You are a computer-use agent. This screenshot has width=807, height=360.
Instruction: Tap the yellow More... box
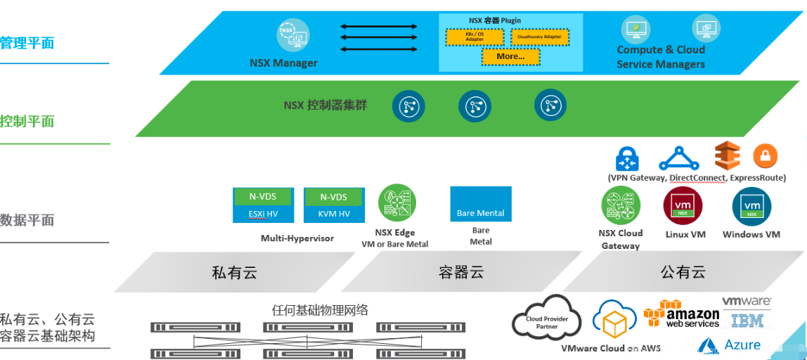tap(510, 56)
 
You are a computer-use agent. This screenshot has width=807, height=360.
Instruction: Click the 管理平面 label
tap(27, 43)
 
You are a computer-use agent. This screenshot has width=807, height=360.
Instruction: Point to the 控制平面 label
tap(27, 121)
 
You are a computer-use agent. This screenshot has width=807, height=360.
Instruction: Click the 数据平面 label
tap(27, 220)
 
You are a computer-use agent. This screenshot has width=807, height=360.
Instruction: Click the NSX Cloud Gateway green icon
tap(621, 206)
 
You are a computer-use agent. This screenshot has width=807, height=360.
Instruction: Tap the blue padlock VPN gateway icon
tap(626, 158)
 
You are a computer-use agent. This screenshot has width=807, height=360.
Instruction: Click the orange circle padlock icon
tap(766, 156)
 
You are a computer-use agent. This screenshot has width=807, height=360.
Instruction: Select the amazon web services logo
tap(682, 314)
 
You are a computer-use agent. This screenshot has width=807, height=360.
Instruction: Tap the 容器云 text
tap(461, 272)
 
